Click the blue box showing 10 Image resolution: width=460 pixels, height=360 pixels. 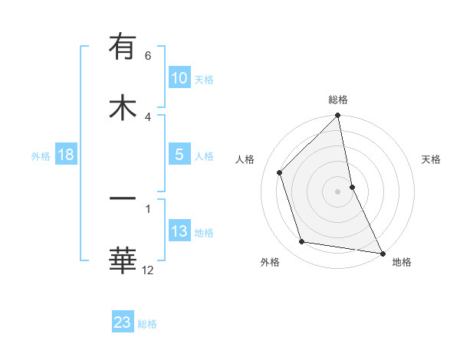[179, 78]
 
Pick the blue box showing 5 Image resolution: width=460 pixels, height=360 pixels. [179, 155]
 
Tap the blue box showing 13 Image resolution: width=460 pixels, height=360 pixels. [179, 231]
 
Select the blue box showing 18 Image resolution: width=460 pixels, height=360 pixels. [65, 155]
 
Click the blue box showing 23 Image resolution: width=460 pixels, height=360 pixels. [123, 322]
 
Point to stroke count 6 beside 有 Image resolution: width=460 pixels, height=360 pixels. [148, 56]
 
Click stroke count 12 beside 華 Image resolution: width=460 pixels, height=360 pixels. [148, 269]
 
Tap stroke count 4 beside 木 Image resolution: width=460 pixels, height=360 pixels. [148, 116]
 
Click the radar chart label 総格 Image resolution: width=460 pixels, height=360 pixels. [338, 100]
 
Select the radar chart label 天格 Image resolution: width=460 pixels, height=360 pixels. [432, 159]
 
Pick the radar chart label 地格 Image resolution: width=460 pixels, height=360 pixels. [402, 262]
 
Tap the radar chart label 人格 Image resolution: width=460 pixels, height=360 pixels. [245, 159]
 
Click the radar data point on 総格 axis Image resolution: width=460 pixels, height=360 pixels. [338, 116]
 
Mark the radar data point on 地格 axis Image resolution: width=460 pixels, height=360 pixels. [382, 253]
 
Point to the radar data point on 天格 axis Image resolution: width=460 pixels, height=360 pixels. [352, 187]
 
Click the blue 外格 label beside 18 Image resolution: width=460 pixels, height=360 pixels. [41, 155]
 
